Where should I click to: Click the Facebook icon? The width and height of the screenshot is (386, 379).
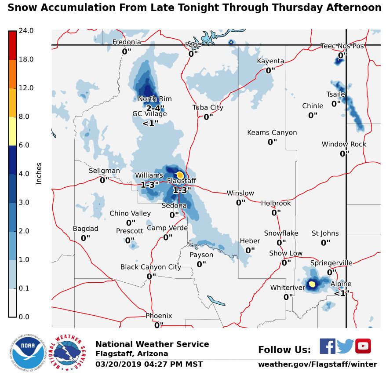tap(327, 346)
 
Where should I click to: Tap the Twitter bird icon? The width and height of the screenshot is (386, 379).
tap(346, 346)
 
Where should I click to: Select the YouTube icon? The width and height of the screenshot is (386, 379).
tap(363, 346)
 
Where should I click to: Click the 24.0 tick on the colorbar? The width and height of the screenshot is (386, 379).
tap(26, 31)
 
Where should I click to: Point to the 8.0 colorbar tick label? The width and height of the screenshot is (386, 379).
tap(26, 117)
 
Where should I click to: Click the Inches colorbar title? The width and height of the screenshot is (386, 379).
tap(39, 174)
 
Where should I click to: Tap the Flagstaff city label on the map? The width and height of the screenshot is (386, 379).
tap(182, 181)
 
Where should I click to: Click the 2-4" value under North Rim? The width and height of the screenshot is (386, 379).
tap(155, 108)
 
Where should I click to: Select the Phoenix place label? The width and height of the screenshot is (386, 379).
tap(159, 316)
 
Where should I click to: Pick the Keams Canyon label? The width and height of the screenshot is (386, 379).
tap(272, 133)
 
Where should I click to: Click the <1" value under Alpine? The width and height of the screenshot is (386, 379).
tap(342, 293)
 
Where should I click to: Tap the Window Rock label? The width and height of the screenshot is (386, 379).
tap(344, 144)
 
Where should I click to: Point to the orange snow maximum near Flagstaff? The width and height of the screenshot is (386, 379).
tap(180, 175)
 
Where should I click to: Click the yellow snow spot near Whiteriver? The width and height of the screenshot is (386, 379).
tap(312, 284)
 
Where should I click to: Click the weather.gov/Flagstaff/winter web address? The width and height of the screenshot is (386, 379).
tap(317, 364)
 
